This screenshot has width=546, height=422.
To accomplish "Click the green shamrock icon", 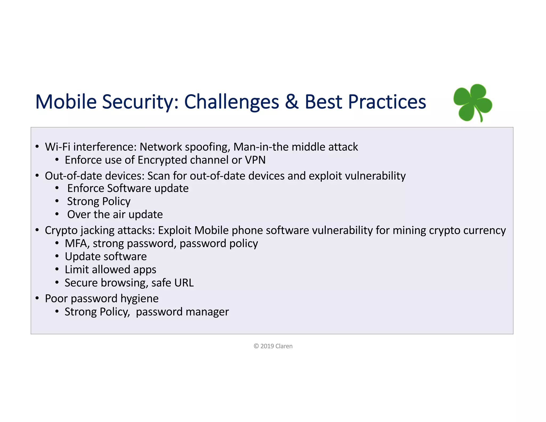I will [x=472, y=103].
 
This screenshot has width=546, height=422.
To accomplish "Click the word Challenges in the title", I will [x=231, y=102].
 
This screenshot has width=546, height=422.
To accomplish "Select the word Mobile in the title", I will [x=66, y=102].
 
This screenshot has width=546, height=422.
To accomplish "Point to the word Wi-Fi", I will [x=57, y=147].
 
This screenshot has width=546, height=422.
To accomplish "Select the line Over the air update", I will [x=115, y=214].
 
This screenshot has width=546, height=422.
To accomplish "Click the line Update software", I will [x=106, y=257].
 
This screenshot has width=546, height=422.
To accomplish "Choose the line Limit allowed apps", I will [x=110, y=270].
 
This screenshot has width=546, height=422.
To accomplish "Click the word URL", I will [x=183, y=283].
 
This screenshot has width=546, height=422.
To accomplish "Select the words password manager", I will [x=182, y=312].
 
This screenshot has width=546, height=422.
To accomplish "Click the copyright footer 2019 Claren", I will [x=273, y=346].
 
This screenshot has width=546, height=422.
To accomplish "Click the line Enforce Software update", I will [x=128, y=188].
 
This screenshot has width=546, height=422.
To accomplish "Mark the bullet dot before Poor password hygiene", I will [x=37, y=298].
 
